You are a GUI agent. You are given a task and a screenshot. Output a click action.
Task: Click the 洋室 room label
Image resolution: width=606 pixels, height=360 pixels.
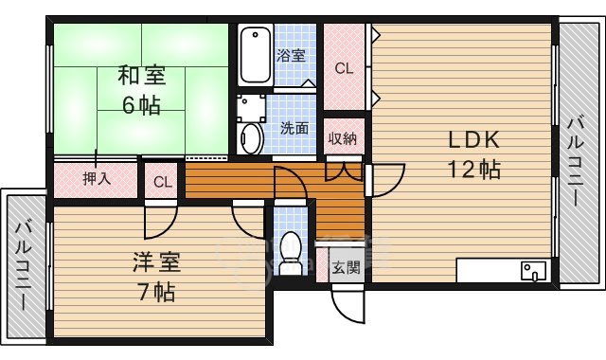pyautogui.click(x=156, y=261)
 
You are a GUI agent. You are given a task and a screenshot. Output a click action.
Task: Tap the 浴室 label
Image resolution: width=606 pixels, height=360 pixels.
pyautogui.click(x=291, y=55)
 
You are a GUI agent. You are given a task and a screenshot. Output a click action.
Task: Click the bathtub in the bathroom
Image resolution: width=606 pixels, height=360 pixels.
pyautogui.click(x=255, y=56)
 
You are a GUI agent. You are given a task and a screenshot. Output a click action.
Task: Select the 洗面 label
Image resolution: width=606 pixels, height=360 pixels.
pyautogui.click(x=294, y=128)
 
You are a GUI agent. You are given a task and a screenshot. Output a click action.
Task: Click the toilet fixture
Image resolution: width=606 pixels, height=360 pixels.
pyautogui.click(x=291, y=252)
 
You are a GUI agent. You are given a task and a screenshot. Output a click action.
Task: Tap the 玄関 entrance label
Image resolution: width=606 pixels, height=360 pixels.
pyautogui.click(x=345, y=267)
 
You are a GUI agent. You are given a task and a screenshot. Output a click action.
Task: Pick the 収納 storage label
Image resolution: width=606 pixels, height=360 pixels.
pyautogui.click(x=343, y=139)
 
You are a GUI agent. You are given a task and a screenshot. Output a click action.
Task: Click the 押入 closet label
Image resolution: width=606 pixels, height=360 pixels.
pyautogui.click(x=95, y=178)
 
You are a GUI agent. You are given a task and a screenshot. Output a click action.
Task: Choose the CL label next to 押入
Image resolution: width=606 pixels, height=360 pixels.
pyautogui.click(x=163, y=181)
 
